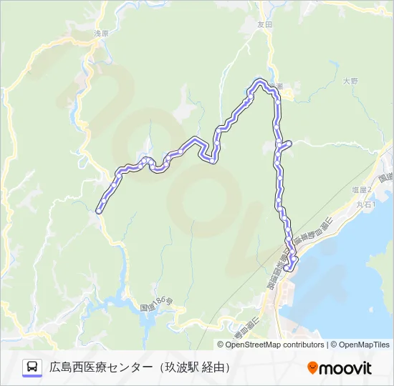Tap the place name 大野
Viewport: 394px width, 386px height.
point(350,81)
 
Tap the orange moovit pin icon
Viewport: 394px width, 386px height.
point(313,368)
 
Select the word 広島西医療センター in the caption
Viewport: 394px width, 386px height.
point(101,367)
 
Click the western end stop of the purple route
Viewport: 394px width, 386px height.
point(99,209)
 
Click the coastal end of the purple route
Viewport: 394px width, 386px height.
point(289,269)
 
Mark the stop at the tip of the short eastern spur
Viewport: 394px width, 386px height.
point(289,144)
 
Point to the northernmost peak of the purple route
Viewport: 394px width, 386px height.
point(259,81)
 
